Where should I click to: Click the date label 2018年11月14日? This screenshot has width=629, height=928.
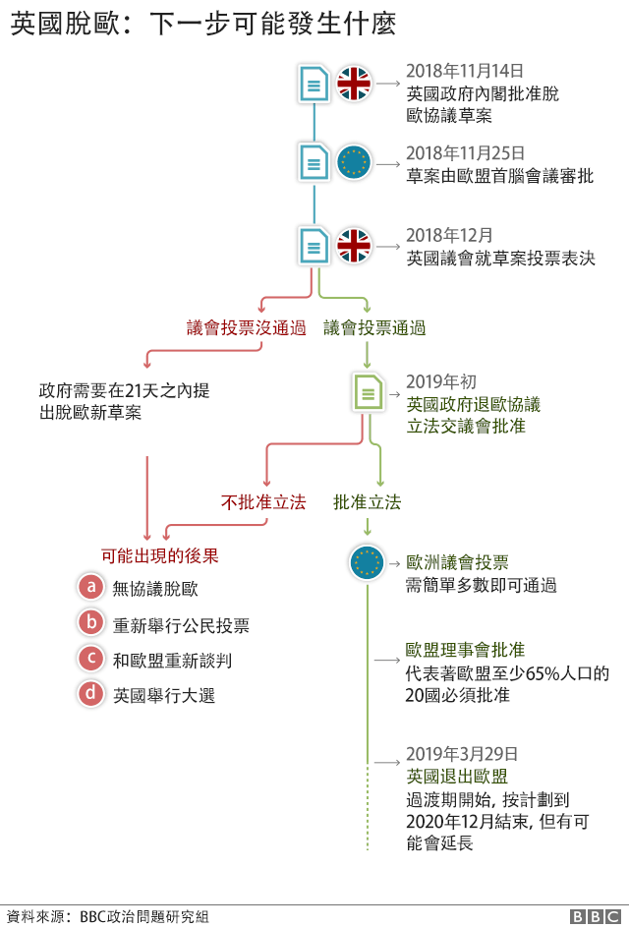(x=465, y=71)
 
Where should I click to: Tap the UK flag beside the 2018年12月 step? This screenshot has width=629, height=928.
(x=354, y=246)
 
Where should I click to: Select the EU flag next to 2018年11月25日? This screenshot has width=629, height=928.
(x=354, y=163)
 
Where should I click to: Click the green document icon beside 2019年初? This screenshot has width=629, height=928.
(x=368, y=392)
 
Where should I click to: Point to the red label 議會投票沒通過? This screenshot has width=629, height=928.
(x=246, y=327)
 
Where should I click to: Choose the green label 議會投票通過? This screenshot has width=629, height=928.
(x=374, y=327)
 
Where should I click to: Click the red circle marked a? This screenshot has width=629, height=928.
(x=91, y=587)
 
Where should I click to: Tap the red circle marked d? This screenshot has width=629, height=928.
(x=91, y=693)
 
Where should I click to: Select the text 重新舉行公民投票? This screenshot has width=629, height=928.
(x=181, y=625)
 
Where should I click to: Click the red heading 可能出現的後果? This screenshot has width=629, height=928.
(x=160, y=555)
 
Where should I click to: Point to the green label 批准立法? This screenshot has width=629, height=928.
(x=367, y=502)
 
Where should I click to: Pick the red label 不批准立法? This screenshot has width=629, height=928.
(x=263, y=502)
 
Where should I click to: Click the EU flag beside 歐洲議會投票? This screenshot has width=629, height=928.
(x=367, y=563)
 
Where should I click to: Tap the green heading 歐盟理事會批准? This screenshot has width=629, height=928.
(x=465, y=650)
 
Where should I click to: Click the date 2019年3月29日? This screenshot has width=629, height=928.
(x=462, y=754)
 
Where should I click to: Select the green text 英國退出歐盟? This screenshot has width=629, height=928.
(x=457, y=776)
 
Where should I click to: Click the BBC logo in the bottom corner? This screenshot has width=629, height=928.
(x=596, y=917)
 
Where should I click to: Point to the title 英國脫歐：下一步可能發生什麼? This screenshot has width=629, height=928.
(x=203, y=24)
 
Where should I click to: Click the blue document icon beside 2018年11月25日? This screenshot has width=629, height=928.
(x=314, y=163)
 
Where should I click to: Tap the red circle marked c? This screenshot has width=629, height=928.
(x=91, y=658)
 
